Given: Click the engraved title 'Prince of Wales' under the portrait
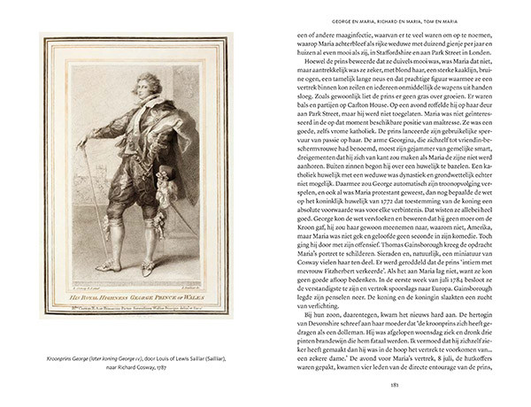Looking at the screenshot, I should click(167, 291).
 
